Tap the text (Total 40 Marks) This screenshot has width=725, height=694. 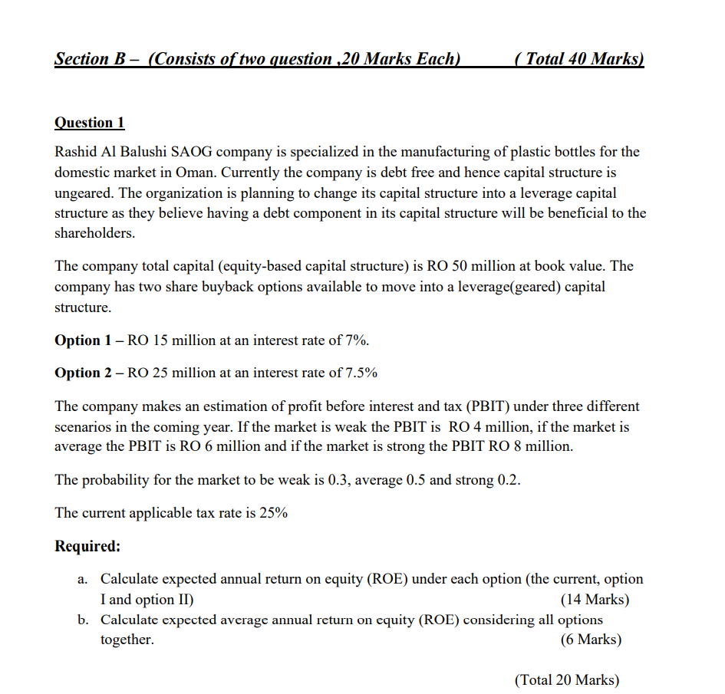pyautogui.click(x=580, y=59)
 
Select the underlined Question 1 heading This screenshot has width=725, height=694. pyautogui.click(x=89, y=123)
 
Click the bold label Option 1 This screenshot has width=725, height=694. pyautogui.click(x=77, y=340)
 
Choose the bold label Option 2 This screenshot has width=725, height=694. pyautogui.click(x=77, y=373)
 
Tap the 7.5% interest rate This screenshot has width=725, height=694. pyautogui.click(x=361, y=373)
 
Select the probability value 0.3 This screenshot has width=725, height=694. pyautogui.click(x=339, y=480)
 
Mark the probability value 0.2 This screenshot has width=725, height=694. pyautogui.click(x=509, y=480)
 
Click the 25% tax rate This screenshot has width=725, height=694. pyautogui.click(x=274, y=513)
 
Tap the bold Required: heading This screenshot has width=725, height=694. pyautogui.click(x=87, y=547)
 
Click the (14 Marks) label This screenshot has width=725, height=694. pyautogui.click(x=595, y=599)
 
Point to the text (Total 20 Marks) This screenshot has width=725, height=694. pyautogui.click(x=566, y=679)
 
